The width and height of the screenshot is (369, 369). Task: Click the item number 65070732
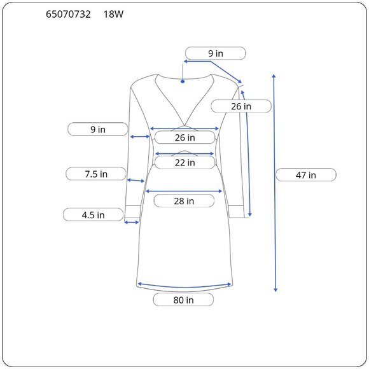coord(68,15)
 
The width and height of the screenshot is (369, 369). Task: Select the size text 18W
coord(113,15)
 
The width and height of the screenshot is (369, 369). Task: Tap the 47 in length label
coord(305,175)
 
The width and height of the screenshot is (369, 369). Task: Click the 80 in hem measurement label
coord(183,300)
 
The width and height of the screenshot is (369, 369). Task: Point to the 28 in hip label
coord(184,201)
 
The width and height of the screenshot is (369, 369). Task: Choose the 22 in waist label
coord(184,162)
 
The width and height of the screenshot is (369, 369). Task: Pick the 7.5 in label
coord(96,174)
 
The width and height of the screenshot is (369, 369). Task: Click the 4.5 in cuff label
coord(93,214)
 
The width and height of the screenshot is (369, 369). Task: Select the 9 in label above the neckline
coord(216,53)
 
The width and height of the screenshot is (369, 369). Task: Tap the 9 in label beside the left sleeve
coord(98,129)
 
